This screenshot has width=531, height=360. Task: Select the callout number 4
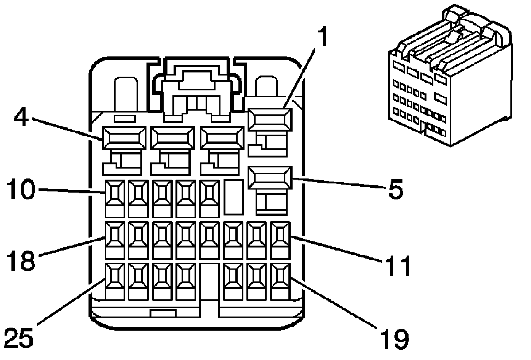pos(21,117)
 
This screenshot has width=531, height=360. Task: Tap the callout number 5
pos(395,189)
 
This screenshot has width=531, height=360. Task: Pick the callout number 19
pos(394,337)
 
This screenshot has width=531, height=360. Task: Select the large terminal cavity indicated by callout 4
pos(124,138)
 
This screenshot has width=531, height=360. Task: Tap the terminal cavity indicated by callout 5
pos(269,177)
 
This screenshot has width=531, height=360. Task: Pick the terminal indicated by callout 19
pos(280,276)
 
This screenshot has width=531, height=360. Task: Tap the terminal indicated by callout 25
pos(115,276)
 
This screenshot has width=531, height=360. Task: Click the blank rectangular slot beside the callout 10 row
pos(233,197)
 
